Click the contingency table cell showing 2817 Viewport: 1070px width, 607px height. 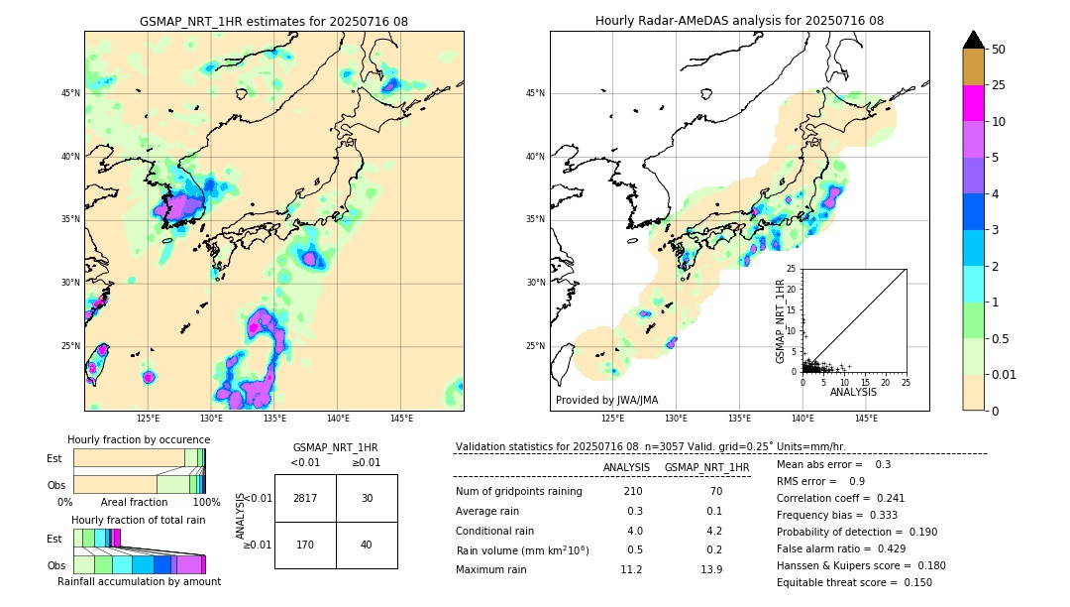(x=305, y=498)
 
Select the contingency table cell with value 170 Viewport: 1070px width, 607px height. (x=305, y=545)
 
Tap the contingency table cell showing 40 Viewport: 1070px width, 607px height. (x=367, y=545)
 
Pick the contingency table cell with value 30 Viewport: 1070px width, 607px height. (x=367, y=498)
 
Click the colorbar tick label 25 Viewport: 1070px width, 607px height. (x=999, y=85)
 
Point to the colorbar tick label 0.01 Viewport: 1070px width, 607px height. (x=1005, y=374)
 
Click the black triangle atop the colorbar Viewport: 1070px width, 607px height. (x=974, y=40)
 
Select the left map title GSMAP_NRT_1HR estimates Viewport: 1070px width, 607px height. (x=273, y=21)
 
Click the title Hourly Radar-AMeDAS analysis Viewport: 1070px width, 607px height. (x=739, y=21)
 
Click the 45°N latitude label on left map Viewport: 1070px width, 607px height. (x=70, y=93)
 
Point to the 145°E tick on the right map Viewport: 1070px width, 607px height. (x=866, y=419)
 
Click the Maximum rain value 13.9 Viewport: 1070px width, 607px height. (x=710, y=569)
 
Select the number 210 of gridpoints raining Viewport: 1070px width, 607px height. (x=632, y=492)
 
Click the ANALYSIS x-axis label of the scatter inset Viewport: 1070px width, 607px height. (x=853, y=392)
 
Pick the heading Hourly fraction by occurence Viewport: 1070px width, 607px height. (x=139, y=439)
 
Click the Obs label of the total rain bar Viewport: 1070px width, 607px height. (x=55, y=564)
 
